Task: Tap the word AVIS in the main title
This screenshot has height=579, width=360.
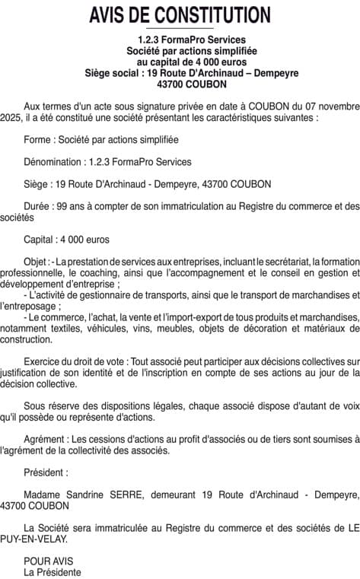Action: [108, 15]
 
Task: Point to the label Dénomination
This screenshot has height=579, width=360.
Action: [56, 161]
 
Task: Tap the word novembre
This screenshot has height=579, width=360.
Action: [334, 108]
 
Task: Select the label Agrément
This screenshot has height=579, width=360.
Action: [46, 440]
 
